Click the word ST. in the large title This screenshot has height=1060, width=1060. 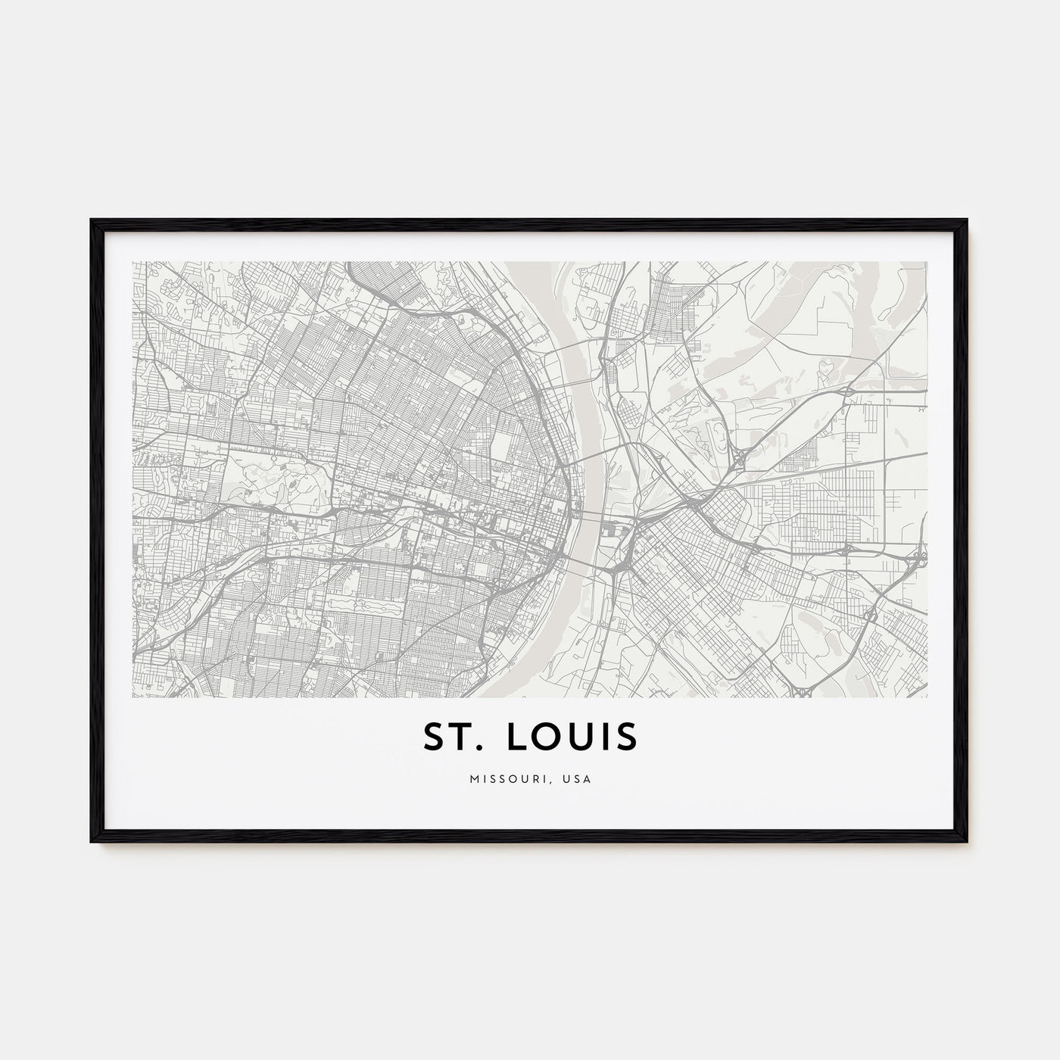click(x=450, y=737)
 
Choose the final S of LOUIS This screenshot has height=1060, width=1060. click(x=626, y=737)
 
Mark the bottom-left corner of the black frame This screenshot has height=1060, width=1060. click(x=92, y=842)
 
